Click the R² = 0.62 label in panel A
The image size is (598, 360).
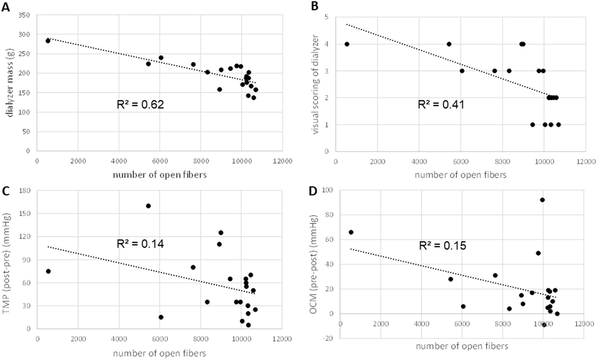click(140, 105)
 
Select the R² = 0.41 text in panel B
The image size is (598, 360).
click(441, 105)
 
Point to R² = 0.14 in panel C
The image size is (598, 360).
click(140, 244)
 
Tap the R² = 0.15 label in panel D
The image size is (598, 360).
click(443, 246)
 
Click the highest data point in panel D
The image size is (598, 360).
click(542, 200)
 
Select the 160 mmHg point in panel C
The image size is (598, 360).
click(148, 206)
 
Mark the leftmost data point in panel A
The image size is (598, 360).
click(48, 41)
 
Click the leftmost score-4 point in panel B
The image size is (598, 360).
click(347, 44)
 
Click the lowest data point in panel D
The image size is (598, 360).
click(544, 325)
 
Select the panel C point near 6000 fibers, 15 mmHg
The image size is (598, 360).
click(161, 317)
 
